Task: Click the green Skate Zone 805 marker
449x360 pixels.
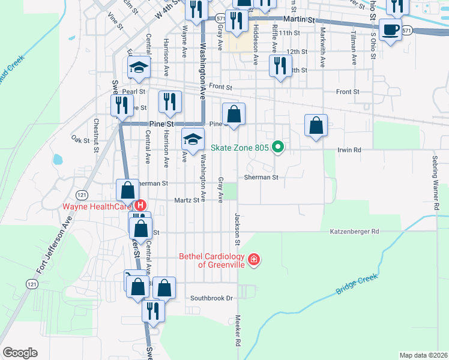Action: pos(277,146)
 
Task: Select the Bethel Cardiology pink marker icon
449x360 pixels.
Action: pos(255,259)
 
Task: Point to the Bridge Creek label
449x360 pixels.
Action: pos(355,284)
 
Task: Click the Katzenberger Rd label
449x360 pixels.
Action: pos(354,231)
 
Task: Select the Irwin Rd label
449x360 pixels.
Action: pos(349,149)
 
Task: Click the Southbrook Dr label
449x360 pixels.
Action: pos(211,298)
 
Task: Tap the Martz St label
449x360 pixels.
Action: pos(186,200)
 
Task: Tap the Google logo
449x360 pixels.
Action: pos(20,353)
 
